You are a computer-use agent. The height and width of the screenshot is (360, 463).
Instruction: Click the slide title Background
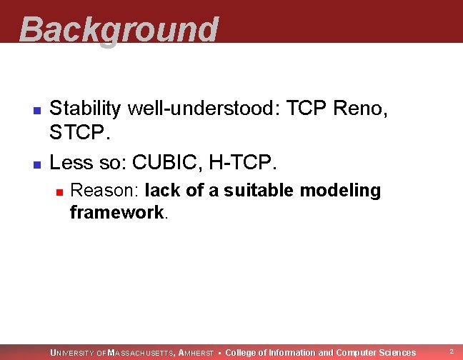click(x=119, y=30)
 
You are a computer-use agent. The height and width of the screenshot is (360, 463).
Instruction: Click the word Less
click(x=71, y=162)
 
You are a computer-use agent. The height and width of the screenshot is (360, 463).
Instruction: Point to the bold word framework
click(x=117, y=212)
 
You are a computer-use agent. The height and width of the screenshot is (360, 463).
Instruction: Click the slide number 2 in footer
click(x=450, y=351)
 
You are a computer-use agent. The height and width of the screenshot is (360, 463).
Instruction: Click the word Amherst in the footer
click(x=196, y=353)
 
